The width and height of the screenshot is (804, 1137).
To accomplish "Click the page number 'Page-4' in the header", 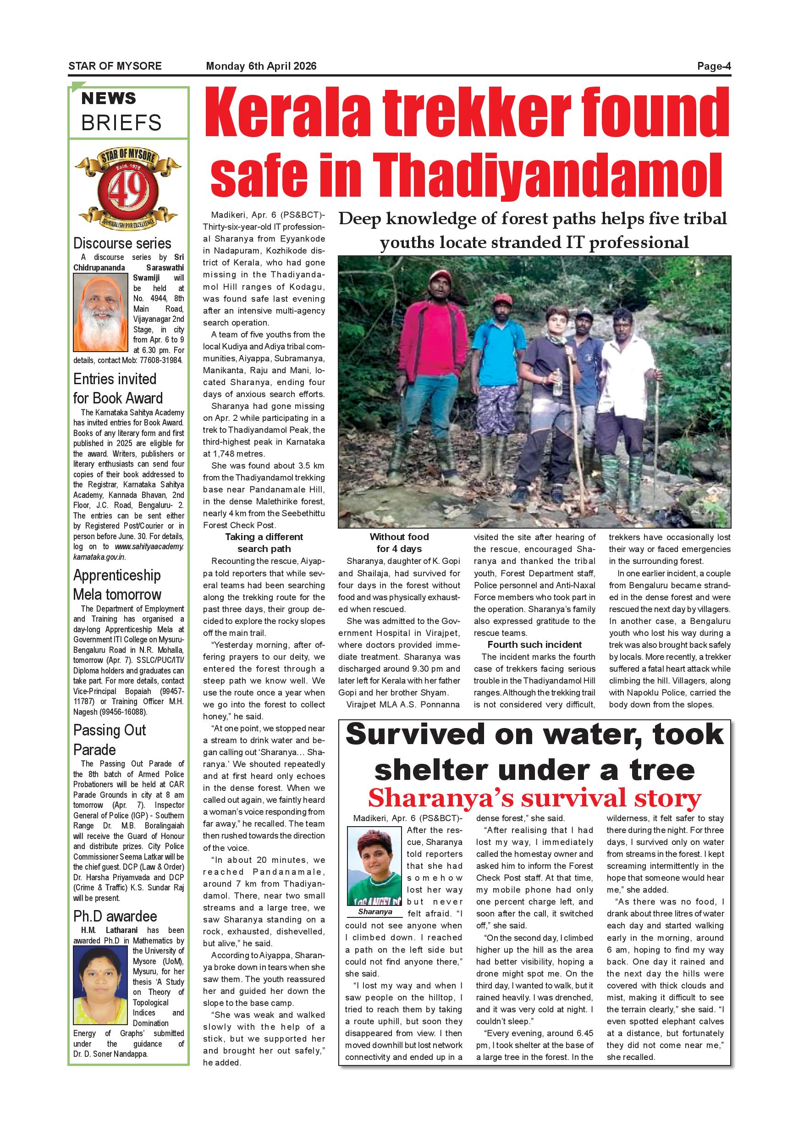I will coord(713,66).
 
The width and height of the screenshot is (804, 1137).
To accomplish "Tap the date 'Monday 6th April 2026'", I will coord(261,66).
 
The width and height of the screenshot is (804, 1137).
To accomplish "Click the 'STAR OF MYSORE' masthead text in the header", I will coord(115,66).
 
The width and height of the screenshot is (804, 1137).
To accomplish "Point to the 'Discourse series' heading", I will coord(122,243).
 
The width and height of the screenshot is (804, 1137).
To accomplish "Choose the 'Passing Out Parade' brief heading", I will coord(110,740).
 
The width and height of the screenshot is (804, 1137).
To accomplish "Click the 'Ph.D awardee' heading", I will coord(115,916).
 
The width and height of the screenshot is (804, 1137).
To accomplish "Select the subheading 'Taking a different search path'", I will coord(264,543).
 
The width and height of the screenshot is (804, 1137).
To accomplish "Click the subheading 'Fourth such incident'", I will coord(534,644).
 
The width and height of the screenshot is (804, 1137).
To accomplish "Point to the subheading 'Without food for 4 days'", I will coord(399,543).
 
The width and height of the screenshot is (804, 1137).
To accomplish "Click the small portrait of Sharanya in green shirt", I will coord(375,867).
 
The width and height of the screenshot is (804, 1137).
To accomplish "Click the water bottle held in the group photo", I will coord(557,382).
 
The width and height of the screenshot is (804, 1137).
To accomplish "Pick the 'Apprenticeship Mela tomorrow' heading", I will coord(117,585).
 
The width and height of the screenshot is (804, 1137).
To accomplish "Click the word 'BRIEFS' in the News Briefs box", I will coord(121,122).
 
